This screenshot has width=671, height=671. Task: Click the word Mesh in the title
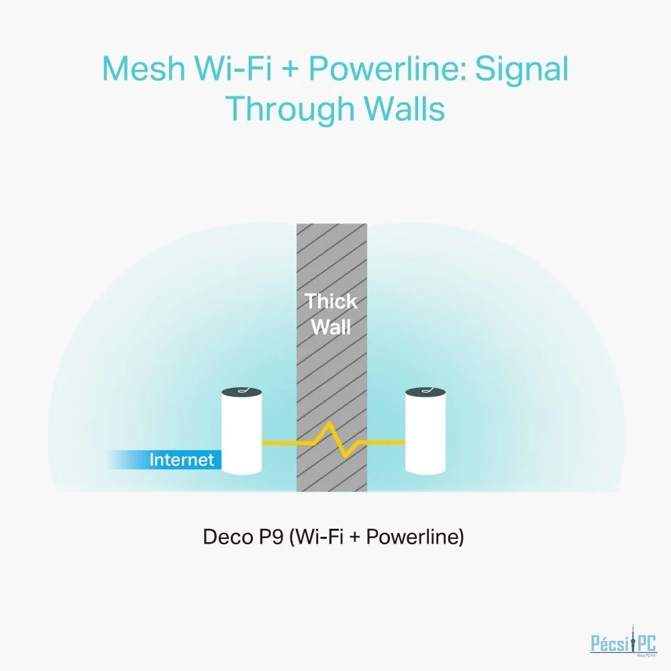point(144,68)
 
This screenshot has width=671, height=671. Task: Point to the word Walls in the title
point(405,108)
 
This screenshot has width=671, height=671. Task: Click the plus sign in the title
point(290,69)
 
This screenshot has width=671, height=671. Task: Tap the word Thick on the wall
point(331,301)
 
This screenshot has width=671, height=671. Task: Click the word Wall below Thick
point(331,327)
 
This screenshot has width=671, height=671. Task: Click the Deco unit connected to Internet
point(242,431)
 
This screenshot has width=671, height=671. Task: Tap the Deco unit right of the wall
point(425,431)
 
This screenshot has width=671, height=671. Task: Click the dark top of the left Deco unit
point(242,392)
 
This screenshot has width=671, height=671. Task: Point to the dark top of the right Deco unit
point(425,392)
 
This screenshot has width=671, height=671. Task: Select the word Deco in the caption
point(227,537)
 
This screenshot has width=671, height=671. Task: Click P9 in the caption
point(271,537)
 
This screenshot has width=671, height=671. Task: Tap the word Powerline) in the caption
point(415,537)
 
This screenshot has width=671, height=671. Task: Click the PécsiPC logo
point(623,641)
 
